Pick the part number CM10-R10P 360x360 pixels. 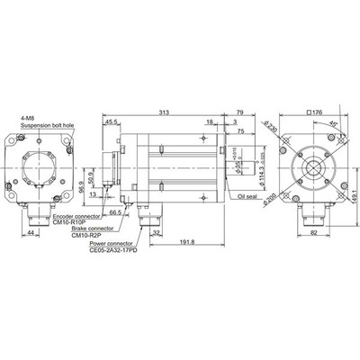click(x=71, y=224)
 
